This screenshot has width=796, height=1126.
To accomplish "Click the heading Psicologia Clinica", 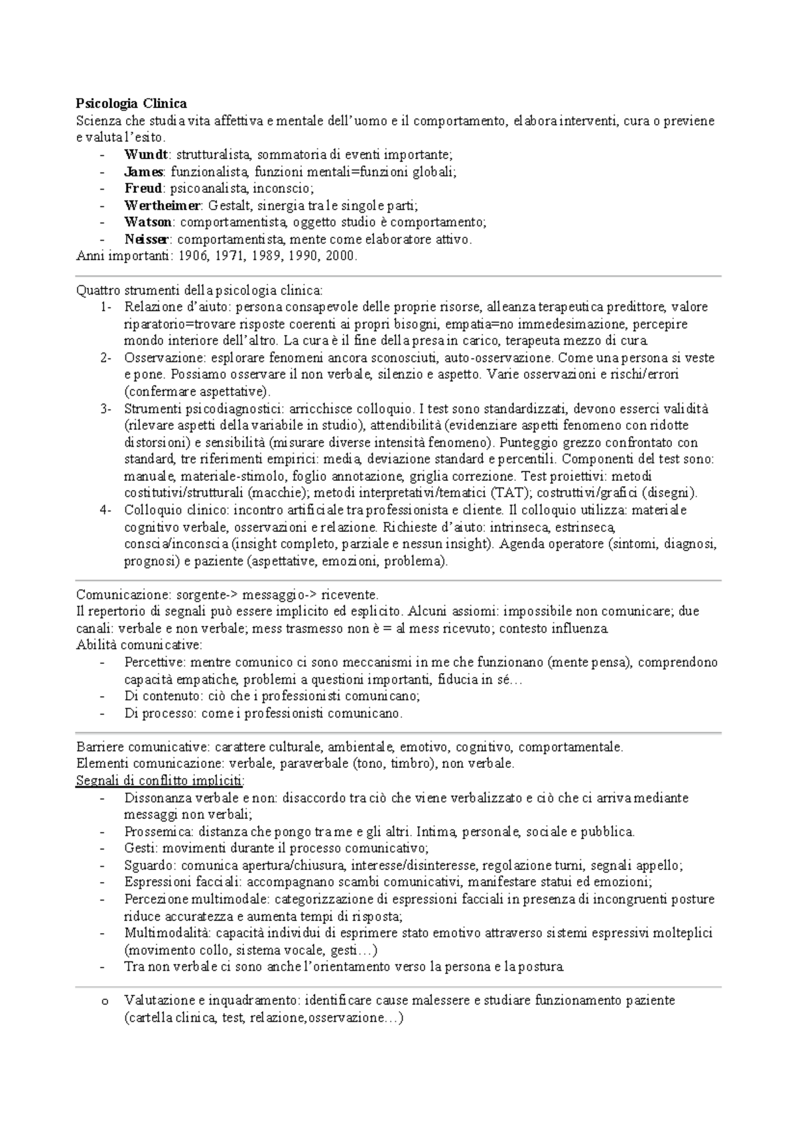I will pos(131,103).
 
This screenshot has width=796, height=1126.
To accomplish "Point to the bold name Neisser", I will pos(147,239).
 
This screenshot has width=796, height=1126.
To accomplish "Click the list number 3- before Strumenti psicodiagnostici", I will pos(106,408).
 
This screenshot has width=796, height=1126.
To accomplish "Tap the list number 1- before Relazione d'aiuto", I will pos(106,307).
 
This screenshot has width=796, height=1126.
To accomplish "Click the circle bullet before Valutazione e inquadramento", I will pos(103,1001).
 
